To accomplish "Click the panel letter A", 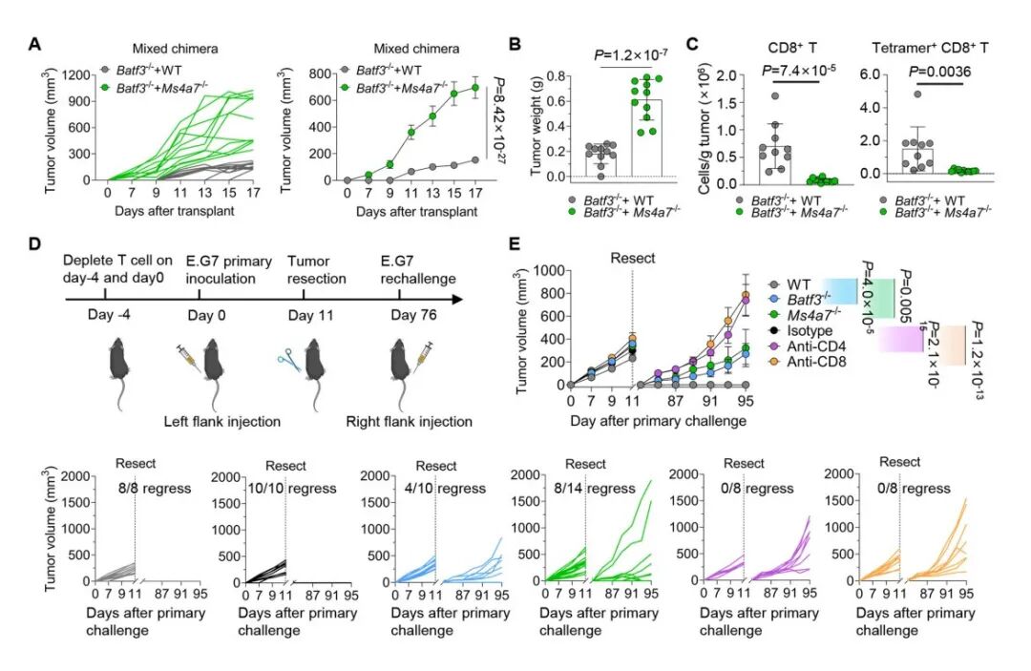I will [35, 44].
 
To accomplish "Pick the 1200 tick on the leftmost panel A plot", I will [74, 73].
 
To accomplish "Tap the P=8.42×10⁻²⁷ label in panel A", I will [494, 123].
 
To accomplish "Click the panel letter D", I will [35, 244].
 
